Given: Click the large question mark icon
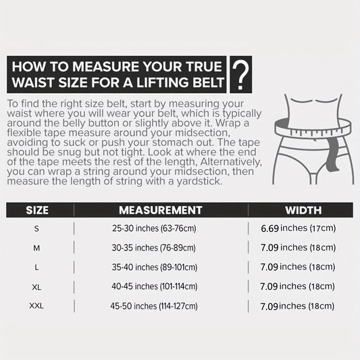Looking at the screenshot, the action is point(240,75).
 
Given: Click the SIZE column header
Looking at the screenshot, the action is point(37,210).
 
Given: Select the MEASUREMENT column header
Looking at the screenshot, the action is point(161,210).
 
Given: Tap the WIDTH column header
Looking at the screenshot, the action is point(303,210).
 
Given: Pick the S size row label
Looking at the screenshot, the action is point(36,229).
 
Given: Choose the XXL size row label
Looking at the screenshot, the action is point(36,306).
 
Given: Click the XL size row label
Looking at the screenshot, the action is point(36,287).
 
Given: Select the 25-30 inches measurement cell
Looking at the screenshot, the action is point(154,228).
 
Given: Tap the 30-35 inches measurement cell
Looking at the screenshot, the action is point(153,248).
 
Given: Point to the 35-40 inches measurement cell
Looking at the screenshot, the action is point(155,267).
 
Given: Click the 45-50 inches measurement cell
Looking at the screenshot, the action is point(154,306).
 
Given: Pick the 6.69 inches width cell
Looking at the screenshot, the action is point(299,228).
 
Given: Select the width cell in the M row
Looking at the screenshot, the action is point(298,248).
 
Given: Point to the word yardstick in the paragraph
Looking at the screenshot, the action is point(199,182).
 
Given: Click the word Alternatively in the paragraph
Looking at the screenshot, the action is point(231,162).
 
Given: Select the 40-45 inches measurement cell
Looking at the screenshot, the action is point(154,286).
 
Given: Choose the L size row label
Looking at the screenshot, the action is point(36,267).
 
